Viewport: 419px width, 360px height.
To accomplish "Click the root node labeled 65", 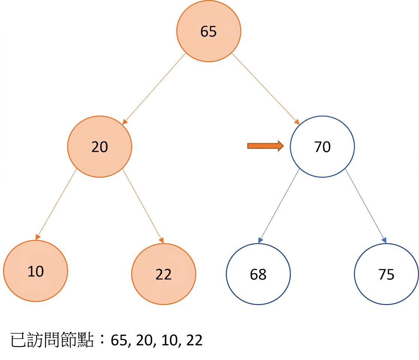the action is click(x=209, y=31).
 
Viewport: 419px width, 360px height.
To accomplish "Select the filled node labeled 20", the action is click(x=99, y=147).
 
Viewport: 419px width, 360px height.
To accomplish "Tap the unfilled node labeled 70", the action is click(x=322, y=147).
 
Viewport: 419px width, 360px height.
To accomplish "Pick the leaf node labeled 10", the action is click(x=36, y=271).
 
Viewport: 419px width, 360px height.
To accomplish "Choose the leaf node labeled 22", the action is click(x=163, y=274).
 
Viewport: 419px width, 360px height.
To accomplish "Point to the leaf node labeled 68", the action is click(x=258, y=274).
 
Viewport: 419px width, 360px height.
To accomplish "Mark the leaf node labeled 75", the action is click(x=386, y=274).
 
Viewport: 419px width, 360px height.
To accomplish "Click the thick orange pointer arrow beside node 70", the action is click(x=265, y=146).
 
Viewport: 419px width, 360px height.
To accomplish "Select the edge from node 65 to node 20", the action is click(x=154, y=89).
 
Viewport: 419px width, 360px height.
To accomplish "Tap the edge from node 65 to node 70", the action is click(x=266, y=89).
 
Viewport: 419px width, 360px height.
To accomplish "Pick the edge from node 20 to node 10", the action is click(x=56, y=204).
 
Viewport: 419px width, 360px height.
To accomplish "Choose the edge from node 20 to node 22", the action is click(x=143, y=206).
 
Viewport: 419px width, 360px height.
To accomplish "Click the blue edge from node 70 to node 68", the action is click(x=279, y=206).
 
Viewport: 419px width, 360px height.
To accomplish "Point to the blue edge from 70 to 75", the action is click(x=366, y=206).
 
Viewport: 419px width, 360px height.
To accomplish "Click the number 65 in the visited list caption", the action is click(x=119, y=340).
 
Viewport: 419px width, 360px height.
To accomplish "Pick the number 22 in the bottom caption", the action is click(x=194, y=340).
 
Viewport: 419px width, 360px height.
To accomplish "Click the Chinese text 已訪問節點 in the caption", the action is click(x=52, y=340).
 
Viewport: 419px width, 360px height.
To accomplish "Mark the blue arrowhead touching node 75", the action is click(x=384, y=240).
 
